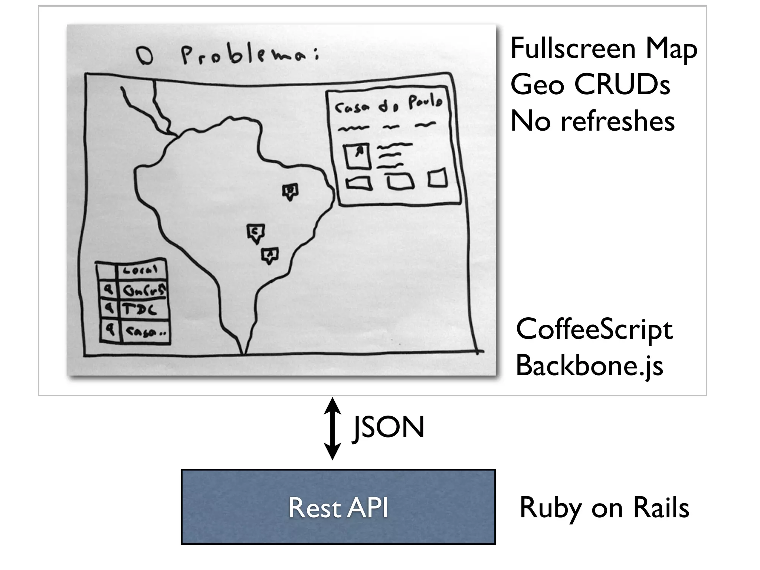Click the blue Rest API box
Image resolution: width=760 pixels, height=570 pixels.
pos(338,507)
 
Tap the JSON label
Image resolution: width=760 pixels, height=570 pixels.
pos(389,428)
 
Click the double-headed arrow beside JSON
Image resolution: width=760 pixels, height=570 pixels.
pos(332,428)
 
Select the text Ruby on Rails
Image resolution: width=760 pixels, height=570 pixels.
pos(604,508)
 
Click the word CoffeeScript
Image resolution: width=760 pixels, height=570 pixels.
pos(594,330)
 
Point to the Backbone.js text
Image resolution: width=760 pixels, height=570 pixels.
pos(589,366)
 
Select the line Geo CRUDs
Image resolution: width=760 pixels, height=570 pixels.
pos(590,85)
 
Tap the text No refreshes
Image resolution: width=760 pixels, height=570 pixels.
pos(592,121)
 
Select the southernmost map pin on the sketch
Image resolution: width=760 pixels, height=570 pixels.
pos(270,255)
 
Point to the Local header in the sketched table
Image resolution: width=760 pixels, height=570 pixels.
pos(140,270)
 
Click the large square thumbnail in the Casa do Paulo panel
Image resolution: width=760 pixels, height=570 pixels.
pos(357,156)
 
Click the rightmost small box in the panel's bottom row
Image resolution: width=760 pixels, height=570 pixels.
pos(438,178)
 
